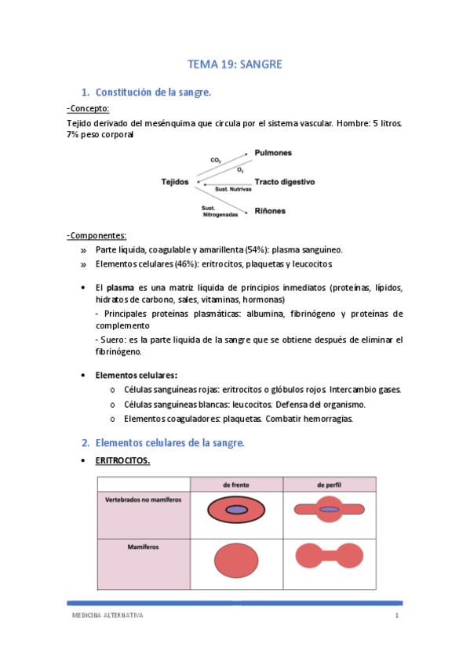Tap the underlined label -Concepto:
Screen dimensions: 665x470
(x=89, y=108)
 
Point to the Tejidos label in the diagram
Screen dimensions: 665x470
(x=175, y=181)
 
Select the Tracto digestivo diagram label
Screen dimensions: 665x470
(x=284, y=181)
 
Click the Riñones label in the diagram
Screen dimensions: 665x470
(x=270, y=211)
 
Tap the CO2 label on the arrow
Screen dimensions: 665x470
(x=215, y=161)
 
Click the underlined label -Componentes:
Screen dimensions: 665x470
(x=97, y=235)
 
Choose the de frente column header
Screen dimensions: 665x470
(x=236, y=485)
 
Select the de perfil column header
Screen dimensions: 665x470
(x=330, y=485)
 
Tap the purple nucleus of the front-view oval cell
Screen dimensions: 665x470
(x=236, y=510)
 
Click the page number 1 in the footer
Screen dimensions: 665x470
(x=397, y=616)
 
